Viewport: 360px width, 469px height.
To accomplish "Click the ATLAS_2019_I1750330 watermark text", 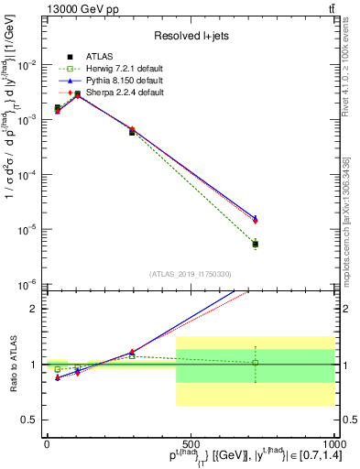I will point(191,274).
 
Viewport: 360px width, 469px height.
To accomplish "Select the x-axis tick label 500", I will point(190,442).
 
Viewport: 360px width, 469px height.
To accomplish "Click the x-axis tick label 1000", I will point(333,442).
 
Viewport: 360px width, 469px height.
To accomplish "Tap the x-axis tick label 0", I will point(47,442).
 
